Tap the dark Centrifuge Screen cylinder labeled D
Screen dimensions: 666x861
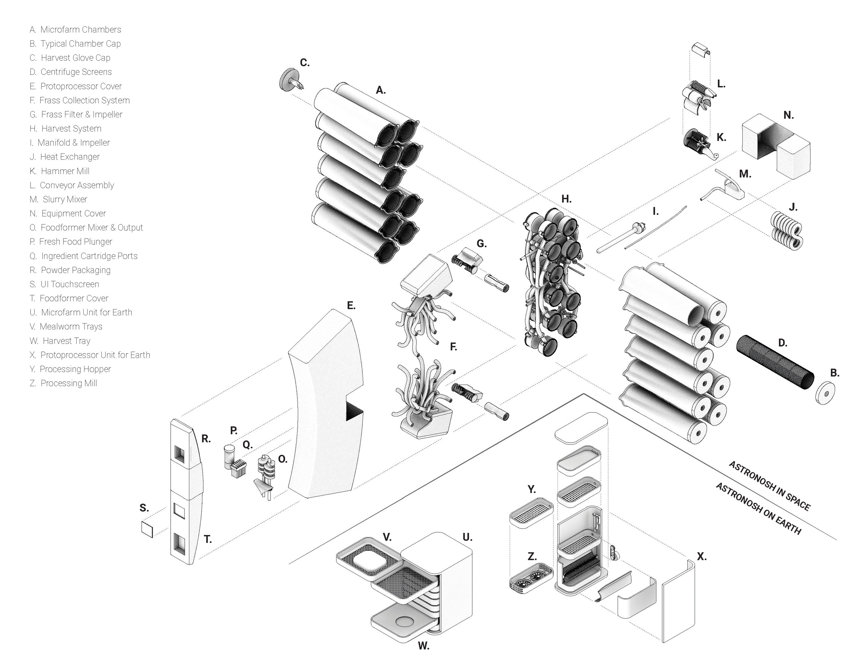(x=775, y=362)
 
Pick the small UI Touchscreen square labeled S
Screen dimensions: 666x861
(x=147, y=529)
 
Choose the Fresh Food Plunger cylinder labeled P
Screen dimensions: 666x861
(x=229, y=456)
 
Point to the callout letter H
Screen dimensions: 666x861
(x=566, y=199)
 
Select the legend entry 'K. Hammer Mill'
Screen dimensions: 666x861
(x=59, y=171)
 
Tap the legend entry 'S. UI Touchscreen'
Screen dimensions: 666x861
(x=64, y=284)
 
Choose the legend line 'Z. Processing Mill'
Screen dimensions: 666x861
(x=63, y=383)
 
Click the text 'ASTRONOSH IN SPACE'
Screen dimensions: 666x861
(x=769, y=485)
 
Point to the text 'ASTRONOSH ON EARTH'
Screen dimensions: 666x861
(x=758, y=508)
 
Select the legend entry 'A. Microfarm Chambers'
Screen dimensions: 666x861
(x=75, y=30)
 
